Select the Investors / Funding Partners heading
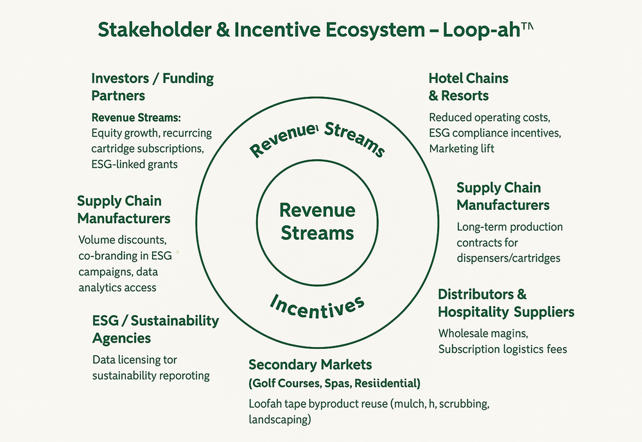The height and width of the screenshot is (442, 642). tap(152, 87)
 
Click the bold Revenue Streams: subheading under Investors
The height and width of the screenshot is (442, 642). tap(136, 118)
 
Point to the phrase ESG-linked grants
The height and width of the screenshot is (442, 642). tap(135, 164)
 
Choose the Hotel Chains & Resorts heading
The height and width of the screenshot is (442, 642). tap(468, 87)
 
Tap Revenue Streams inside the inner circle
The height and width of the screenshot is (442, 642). tap(317, 221)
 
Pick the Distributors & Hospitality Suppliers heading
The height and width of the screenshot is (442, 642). tap(506, 303)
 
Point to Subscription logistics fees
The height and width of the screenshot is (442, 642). tap(503, 349)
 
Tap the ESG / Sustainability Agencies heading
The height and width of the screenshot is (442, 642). tap(155, 329)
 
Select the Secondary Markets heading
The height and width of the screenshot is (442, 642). tap(310, 365)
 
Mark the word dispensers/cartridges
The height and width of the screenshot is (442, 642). tap(508, 258)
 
